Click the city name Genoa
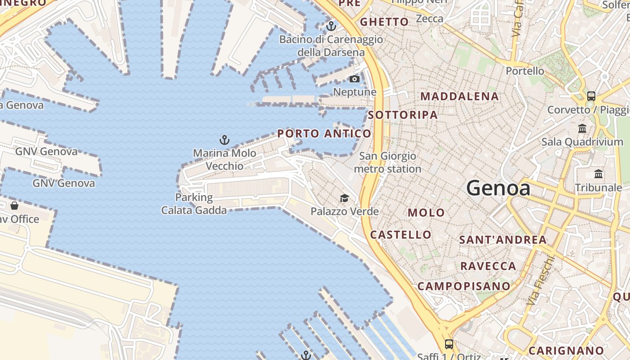(498, 188)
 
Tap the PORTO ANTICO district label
(324, 134)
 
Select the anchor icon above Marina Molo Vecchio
(224, 139)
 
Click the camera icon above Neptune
(355, 79)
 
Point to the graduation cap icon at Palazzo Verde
(344, 198)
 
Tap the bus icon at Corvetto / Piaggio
(591, 96)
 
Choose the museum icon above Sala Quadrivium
(582, 129)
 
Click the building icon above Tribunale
(598, 174)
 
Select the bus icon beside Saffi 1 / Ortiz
(449, 344)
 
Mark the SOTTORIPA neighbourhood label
(403, 115)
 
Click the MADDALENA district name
(459, 96)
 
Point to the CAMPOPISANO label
(464, 286)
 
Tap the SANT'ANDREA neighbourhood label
(503, 240)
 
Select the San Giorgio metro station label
(387, 162)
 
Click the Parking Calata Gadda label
(194, 203)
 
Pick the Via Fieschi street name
(540, 280)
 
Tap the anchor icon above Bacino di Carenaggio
(331, 26)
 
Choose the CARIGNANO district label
(566, 351)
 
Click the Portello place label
(525, 71)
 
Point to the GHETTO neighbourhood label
(384, 22)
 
